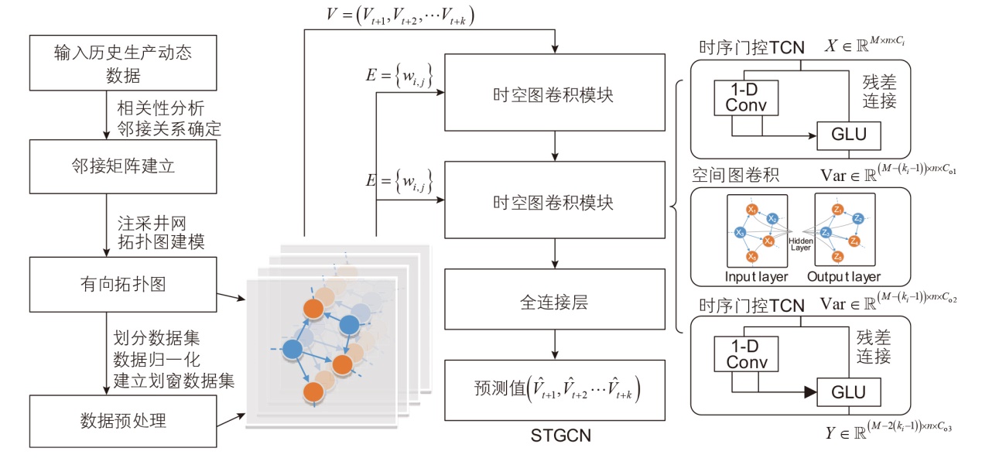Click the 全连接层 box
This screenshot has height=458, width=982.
point(554,302)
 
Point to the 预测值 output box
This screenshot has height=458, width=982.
point(554,390)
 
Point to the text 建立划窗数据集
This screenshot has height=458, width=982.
point(174,380)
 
